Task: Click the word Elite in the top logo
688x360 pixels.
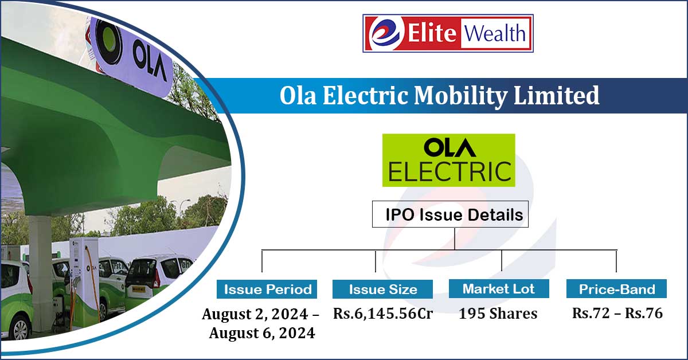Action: tap(432, 33)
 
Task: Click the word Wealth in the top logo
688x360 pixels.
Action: tap(494, 33)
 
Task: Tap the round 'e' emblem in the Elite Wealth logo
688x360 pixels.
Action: tap(385, 33)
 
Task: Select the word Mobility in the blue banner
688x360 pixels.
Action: tap(461, 96)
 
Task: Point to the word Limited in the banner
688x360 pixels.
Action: tap(556, 95)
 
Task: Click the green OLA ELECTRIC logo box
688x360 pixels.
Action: tap(448, 160)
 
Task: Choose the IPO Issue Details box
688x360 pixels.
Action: tap(450, 214)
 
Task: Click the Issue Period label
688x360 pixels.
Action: tap(267, 289)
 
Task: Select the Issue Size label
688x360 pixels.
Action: tap(382, 289)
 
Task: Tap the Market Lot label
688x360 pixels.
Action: tap(499, 288)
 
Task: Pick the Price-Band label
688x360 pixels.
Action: tap(616, 288)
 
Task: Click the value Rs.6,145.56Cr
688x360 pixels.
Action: tap(383, 314)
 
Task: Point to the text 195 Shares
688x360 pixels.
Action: tap(498, 314)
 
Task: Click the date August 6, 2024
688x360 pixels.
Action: tap(262, 333)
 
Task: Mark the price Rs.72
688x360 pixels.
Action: tap(591, 314)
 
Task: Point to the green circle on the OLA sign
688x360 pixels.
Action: tap(108, 40)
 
